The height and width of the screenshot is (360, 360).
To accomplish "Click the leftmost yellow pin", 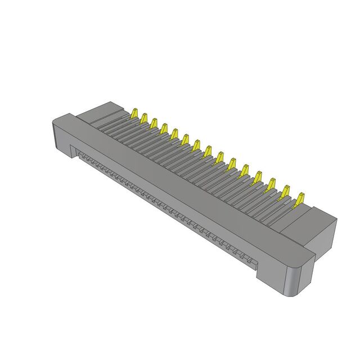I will (135, 112).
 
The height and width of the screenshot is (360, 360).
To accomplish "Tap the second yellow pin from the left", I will (144, 117).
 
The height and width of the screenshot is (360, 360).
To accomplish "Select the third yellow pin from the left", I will (154, 122).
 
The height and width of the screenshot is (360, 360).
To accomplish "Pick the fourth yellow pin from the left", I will (164, 128).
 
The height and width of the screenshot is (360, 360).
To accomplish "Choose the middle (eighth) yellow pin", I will (208, 151).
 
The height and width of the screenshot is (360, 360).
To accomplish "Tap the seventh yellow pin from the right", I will (219, 158).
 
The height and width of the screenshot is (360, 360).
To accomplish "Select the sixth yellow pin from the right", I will (232, 164).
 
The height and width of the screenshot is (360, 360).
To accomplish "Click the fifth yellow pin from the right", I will (245, 171).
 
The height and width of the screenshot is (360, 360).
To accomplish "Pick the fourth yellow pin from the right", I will (258, 178).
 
